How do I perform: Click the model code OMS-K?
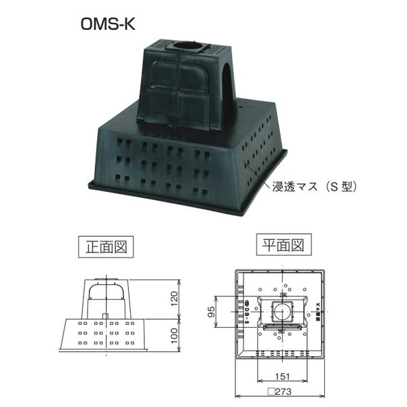pyautogui.click(x=108, y=21)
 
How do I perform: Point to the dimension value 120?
pyautogui.click(x=174, y=298)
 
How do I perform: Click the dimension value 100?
pyautogui.click(x=174, y=335)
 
